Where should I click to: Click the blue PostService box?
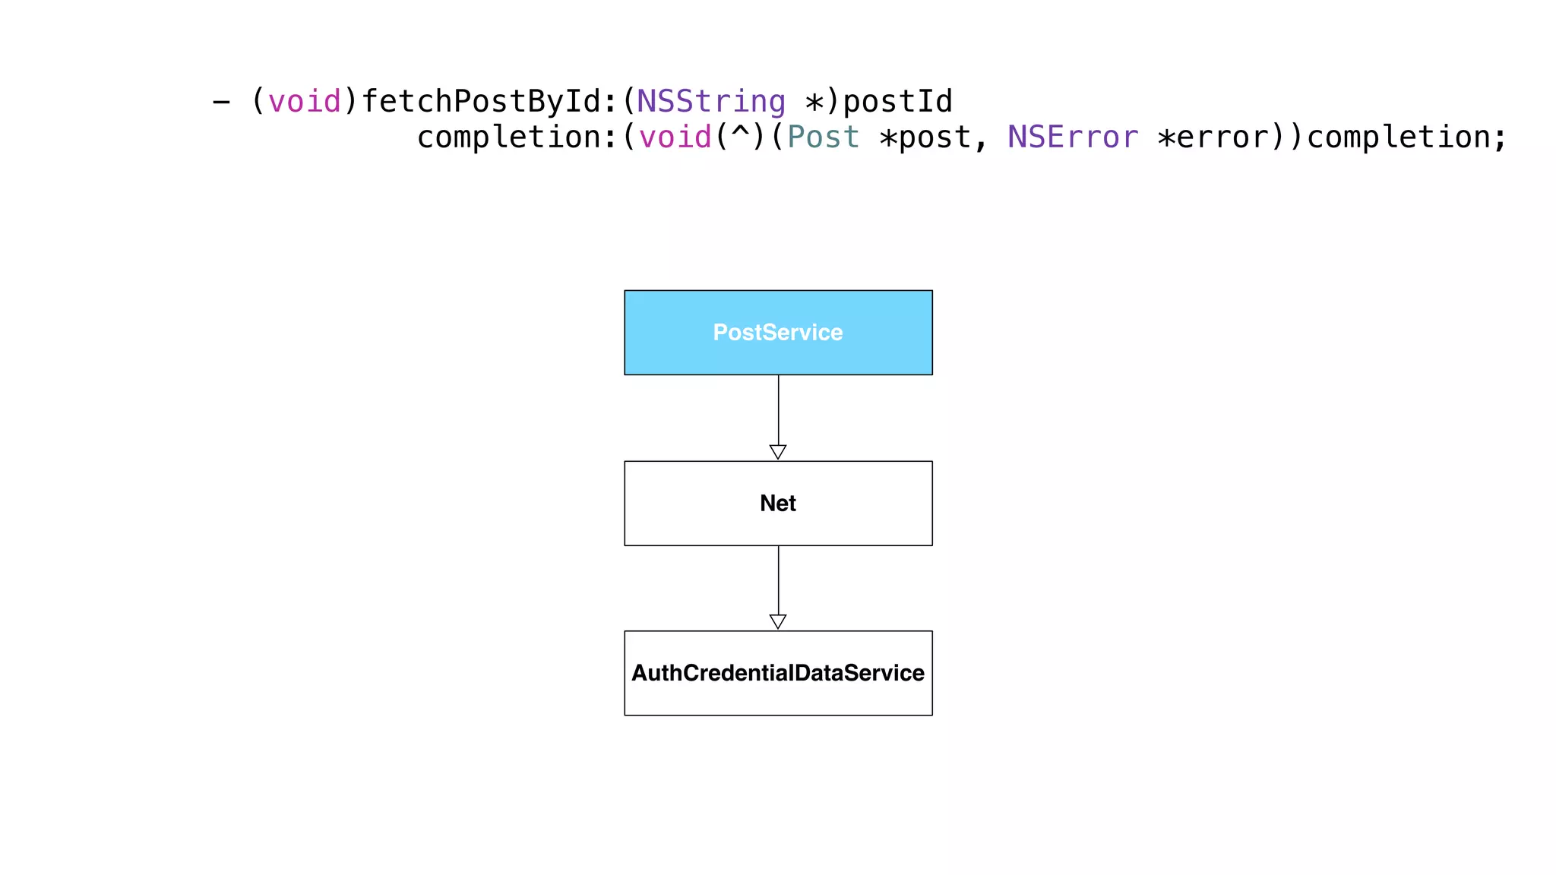point(778,333)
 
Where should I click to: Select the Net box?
point(778,504)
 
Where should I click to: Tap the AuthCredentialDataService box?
point(778,673)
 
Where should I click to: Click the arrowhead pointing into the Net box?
point(778,452)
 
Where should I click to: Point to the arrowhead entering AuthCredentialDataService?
point(778,621)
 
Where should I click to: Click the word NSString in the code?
point(711,101)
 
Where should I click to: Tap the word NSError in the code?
point(1073,137)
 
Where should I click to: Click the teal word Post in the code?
point(823,137)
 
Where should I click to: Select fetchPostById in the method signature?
point(480,101)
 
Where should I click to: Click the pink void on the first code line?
point(305,101)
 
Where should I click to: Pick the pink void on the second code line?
point(675,137)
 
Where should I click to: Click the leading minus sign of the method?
point(221,101)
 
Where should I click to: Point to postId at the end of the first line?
point(897,101)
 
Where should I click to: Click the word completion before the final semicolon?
point(1398,137)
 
